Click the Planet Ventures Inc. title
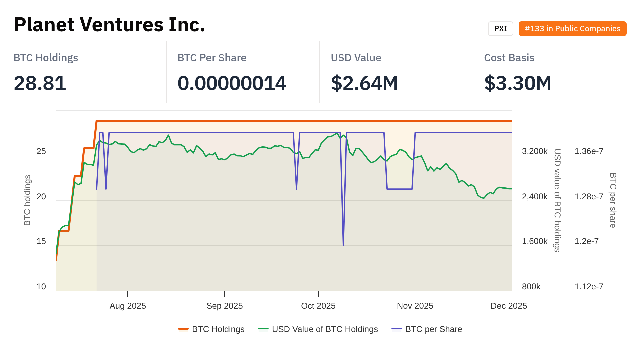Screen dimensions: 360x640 [x=109, y=25]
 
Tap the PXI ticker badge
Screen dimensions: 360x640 [x=500, y=29]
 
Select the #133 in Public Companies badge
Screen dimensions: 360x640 [x=572, y=29]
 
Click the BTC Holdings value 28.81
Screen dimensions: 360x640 [x=40, y=83]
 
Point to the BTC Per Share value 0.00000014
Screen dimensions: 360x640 [x=232, y=83]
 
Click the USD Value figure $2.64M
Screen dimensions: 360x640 [x=364, y=83]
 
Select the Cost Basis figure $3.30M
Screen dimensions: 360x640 [x=518, y=83]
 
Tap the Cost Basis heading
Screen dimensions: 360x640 [x=509, y=58]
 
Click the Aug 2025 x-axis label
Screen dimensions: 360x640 [x=128, y=306]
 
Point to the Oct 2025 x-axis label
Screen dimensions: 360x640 [x=318, y=306]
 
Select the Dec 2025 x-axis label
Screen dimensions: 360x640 [x=509, y=306]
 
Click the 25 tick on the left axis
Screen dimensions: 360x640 [x=41, y=151]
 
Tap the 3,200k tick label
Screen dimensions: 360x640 [x=535, y=151]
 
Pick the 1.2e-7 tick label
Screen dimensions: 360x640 [x=587, y=241]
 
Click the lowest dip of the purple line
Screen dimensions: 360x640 [x=343, y=245]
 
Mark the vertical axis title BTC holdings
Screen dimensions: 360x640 [x=27, y=200]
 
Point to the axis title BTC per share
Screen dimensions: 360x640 [x=613, y=200]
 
